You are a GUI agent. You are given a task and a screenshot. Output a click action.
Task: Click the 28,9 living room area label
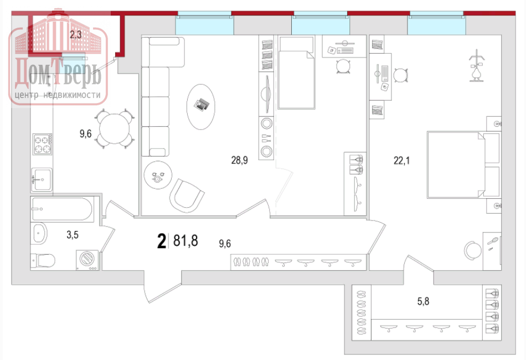[x=240, y=161]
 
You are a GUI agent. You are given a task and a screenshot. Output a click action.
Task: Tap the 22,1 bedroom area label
[x=401, y=161]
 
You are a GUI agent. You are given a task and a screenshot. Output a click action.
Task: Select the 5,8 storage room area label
[x=423, y=301]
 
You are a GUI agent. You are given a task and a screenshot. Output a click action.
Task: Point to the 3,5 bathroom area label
[x=73, y=234]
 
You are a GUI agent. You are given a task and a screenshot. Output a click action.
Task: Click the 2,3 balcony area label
[x=76, y=34]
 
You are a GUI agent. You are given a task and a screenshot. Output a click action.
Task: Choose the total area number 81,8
[x=185, y=241]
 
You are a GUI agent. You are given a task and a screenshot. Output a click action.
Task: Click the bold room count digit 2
[x=162, y=241]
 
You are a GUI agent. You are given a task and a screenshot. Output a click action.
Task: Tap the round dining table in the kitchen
[x=115, y=128]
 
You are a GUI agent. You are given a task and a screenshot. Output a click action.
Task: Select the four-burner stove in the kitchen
[x=42, y=144]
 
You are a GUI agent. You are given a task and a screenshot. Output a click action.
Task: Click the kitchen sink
[x=42, y=179]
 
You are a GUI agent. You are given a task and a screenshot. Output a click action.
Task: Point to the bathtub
[x=61, y=209]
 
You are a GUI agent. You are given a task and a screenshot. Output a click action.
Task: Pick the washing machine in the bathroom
[x=87, y=260]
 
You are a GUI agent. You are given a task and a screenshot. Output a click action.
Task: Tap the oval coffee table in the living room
[x=200, y=107]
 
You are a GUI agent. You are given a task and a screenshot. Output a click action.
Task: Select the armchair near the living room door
[x=187, y=196]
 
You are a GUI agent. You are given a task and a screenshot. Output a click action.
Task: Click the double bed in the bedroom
[x=463, y=164]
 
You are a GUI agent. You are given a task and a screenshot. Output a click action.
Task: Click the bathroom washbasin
[x=39, y=233]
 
